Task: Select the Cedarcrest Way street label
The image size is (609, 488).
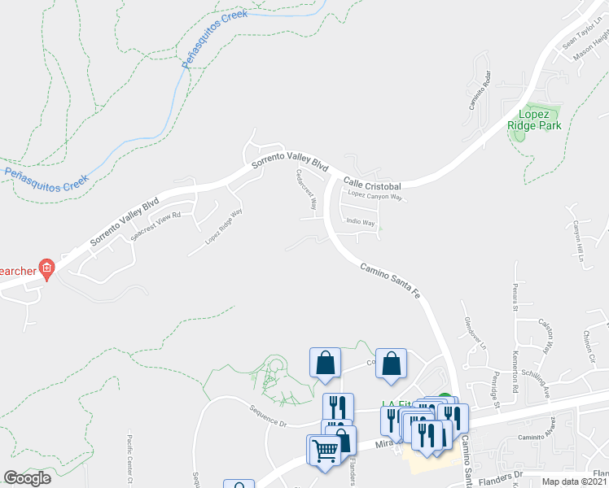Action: coord(305,190)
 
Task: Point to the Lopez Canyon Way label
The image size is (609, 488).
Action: coord(375,197)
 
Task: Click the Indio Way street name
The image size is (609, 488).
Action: coord(361,221)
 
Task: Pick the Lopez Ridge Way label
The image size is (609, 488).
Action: coord(224,228)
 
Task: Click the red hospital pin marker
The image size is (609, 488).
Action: coord(47,268)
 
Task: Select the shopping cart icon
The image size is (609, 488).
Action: coord(322,448)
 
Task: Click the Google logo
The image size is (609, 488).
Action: coord(27,478)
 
